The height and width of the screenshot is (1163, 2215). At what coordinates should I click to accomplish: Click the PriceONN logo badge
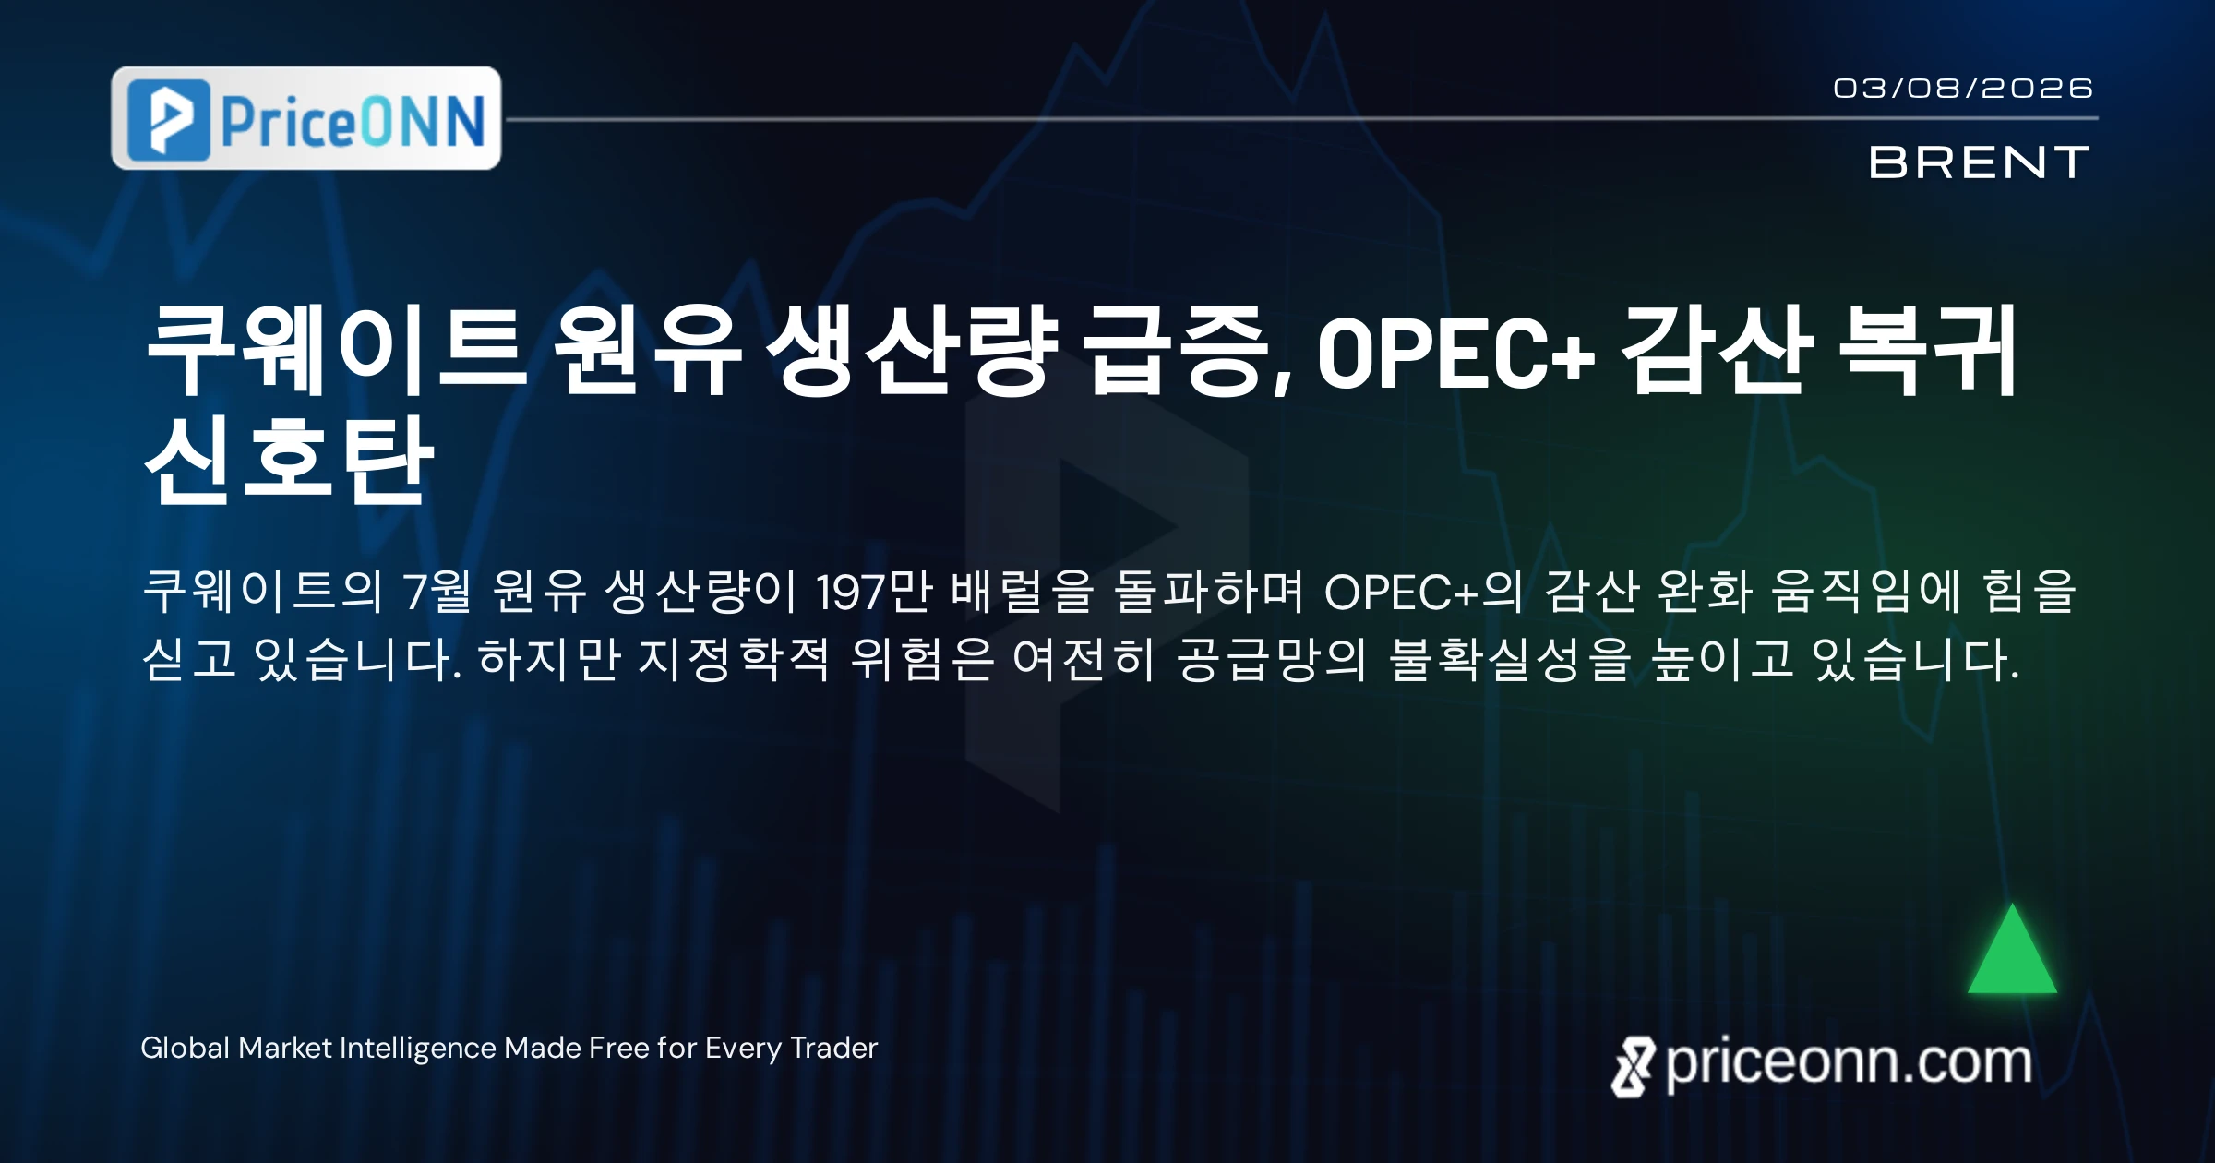[x=306, y=118]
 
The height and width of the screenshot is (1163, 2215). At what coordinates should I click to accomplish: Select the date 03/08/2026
[x=1963, y=89]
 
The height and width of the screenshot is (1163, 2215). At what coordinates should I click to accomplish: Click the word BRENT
[x=1979, y=162]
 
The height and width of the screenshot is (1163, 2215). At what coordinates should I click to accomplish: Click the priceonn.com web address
[x=1849, y=1064]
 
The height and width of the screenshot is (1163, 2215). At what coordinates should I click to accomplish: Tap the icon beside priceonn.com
[x=1633, y=1067]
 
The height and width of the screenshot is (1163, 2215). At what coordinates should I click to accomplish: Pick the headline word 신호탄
[x=289, y=459]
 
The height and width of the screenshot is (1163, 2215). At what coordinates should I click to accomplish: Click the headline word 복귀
[x=1929, y=351]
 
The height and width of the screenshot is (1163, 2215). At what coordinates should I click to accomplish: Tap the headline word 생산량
[x=912, y=351]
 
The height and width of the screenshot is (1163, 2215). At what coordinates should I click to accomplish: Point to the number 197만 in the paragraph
[x=874, y=592]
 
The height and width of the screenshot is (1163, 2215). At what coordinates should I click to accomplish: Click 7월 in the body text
[x=437, y=592]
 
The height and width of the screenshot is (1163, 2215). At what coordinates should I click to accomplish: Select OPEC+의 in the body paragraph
[x=1422, y=592]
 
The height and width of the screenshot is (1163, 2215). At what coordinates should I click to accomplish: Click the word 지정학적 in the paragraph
[x=734, y=660]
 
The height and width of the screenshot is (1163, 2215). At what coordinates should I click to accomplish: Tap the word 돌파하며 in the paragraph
[x=1208, y=592]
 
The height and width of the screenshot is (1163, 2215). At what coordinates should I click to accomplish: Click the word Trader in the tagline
[x=834, y=1049]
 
